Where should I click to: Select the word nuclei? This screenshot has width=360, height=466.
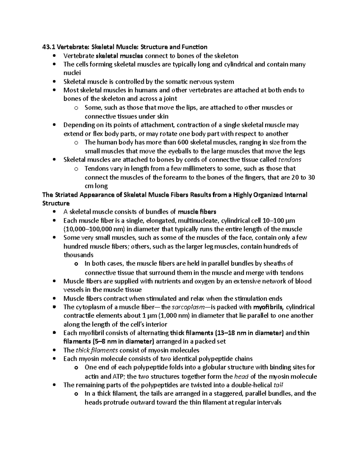(x=72, y=73)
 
